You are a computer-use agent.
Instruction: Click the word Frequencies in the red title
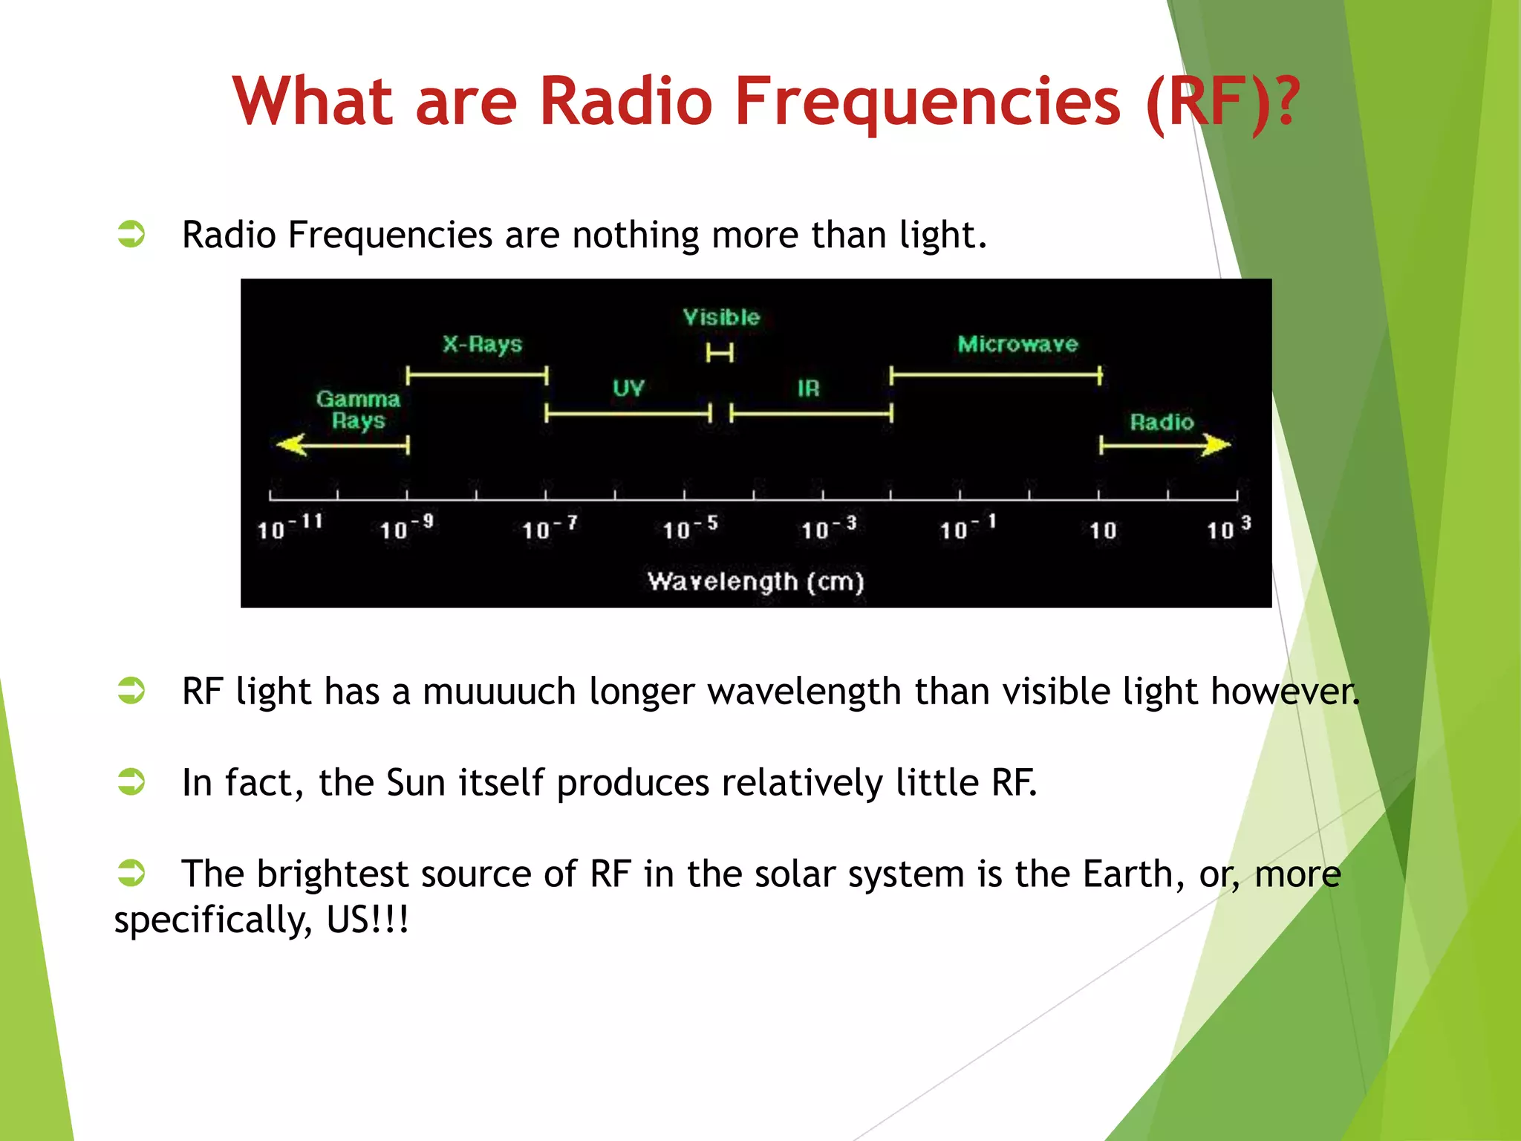pyautogui.click(x=927, y=102)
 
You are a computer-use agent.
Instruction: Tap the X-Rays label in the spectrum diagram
pyautogui.click(x=483, y=344)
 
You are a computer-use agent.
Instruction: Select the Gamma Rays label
pyautogui.click(x=358, y=409)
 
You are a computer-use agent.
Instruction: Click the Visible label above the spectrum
pyautogui.click(x=721, y=318)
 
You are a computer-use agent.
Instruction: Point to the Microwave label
pyautogui.click(x=1017, y=344)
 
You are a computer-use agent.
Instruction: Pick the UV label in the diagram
pyautogui.click(x=628, y=388)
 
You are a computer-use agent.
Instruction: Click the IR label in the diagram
pyautogui.click(x=808, y=388)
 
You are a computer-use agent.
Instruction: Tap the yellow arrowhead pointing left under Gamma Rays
pyautogui.click(x=291, y=445)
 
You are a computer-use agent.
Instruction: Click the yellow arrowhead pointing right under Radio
pyautogui.click(x=1216, y=445)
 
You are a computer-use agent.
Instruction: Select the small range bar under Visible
pyautogui.click(x=720, y=353)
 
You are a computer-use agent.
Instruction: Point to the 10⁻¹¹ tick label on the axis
pyautogui.click(x=290, y=527)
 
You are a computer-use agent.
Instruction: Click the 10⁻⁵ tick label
pyautogui.click(x=690, y=527)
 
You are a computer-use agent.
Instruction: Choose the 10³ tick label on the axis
pyautogui.click(x=1228, y=527)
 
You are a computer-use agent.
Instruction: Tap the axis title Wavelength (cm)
pyautogui.click(x=755, y=581)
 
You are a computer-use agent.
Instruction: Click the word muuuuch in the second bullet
pyautogui.click(x=499, y=692)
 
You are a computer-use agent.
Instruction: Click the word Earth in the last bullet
pyautogui.click(x=1127, y=874)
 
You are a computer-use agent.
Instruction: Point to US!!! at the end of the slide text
pyautogui.click(x=368, y=920)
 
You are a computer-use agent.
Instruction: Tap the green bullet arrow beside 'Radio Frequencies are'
pyautogui.click(x=131, y=234)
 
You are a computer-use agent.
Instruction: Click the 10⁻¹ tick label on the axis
pyautogui.click(x=967, y=527)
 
